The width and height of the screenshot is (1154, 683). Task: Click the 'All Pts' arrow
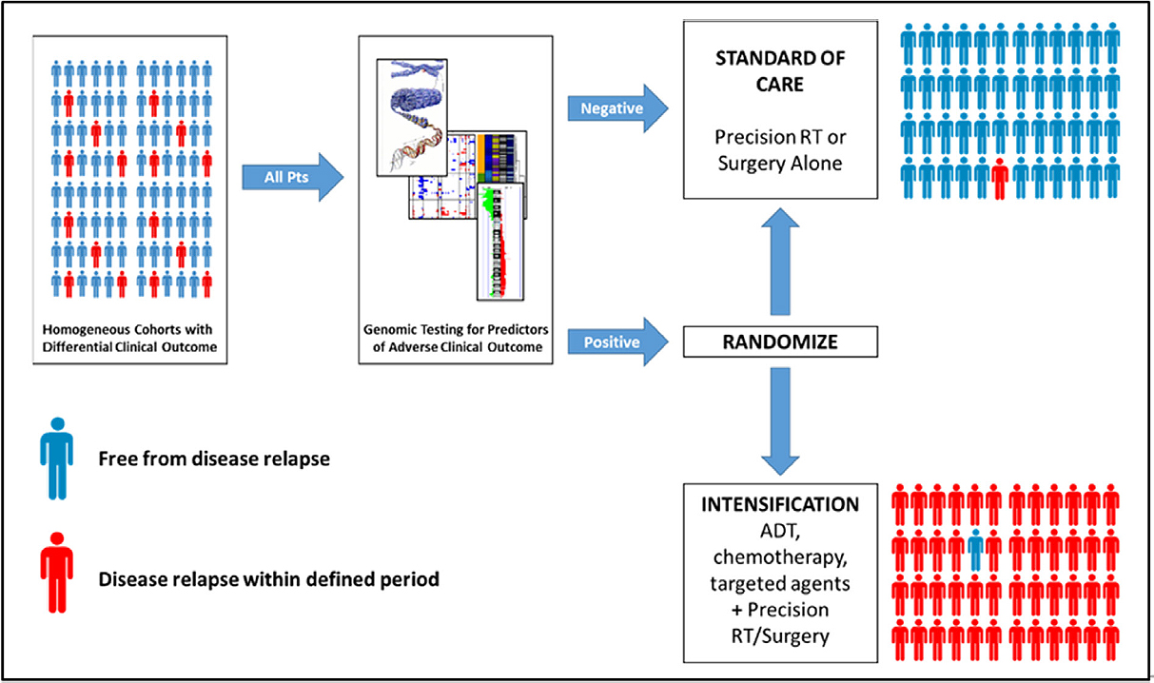pyautogui.click(x=290, y=175)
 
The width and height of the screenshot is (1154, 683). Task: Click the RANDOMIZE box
pyautogui.click(x=780, y=341)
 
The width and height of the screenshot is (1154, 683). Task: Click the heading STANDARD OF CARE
pyautogui.click(x=780, y=71)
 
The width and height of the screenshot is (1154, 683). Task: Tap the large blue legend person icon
pyautogui.click(x=56, y=457)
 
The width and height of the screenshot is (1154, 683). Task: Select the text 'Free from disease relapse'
pyautogui.click(x=214, y=459)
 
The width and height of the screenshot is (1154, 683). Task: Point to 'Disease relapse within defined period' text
pyautogui.click(x=268, y=577)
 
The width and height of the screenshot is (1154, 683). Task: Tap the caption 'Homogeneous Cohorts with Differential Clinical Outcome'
pyautogui.click(x=130, y=338)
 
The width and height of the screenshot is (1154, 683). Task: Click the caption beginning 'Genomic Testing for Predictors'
pyautogui.click(x=456, y=338)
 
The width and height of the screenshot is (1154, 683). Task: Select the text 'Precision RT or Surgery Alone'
pyautogui.click(x=780, y=149)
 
